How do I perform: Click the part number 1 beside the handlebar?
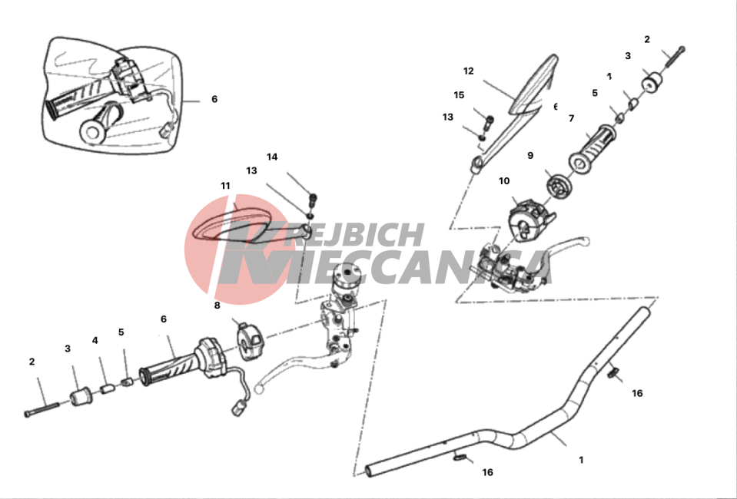point(581,460)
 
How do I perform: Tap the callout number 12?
point(469,71)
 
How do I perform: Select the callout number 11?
point(225,186)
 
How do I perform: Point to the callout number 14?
point(272,157)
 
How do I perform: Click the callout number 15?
point(459,95)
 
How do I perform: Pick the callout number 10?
point(504,181)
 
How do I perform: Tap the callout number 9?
point(530,155)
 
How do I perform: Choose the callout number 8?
point(217,305)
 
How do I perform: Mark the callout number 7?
point(571,118)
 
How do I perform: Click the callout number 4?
point(95,340)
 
